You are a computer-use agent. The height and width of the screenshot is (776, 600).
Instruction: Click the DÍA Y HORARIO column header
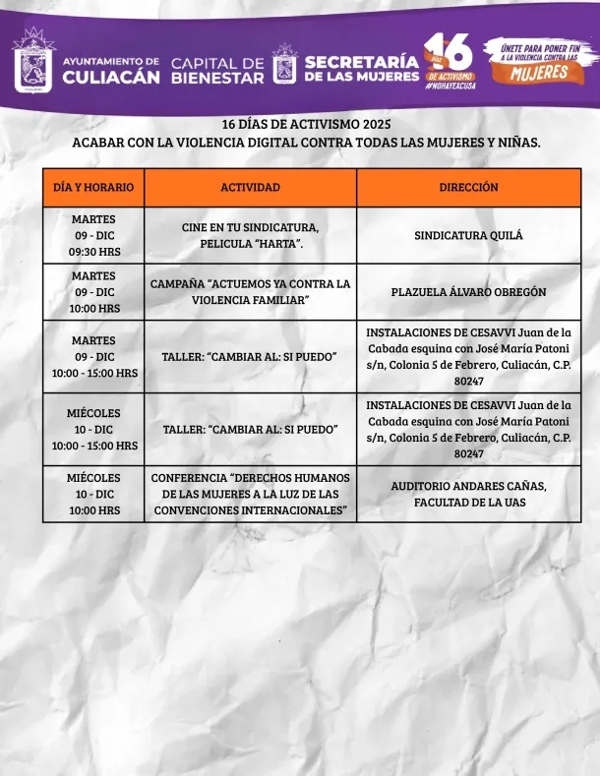pyautogui.click(x=93, y=187)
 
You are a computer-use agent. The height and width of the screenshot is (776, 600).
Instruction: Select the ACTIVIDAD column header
pyautogui.click(x=250, y=187)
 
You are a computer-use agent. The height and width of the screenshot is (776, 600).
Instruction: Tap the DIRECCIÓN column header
pyautogui.click(x=468, y=187)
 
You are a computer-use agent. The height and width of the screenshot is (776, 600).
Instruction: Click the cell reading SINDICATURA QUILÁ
pyautogui.click(x=468, y=235)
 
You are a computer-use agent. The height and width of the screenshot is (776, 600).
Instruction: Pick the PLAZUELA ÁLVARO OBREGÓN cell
pyautogui.click(x=468, y=292)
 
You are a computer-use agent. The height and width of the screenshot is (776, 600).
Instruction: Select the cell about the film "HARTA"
pyautogui.click(x=250, y=235)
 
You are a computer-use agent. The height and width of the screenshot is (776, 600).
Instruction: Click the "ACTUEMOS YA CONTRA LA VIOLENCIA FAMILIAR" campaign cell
pyautogui.click(x=250, y=292)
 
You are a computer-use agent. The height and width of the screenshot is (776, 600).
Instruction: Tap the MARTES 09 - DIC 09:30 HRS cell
pyautogui.click(x=93, y=235)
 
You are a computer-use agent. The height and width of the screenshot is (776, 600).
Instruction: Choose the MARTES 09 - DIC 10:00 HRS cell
pyautogui.click(x=93, y=292)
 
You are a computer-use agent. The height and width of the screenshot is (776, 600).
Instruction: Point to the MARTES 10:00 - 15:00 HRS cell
pyautogui.click(x=93, y=356)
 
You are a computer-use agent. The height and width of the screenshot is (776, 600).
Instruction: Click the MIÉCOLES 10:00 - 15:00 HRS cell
pyautogui.click(x=93, y=430)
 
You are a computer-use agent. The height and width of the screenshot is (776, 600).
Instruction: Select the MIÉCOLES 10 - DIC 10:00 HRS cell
pyautogui.click(x=93, y=494)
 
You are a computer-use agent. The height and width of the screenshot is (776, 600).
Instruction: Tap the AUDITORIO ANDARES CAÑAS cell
pyautogui.click(x=468, y=494)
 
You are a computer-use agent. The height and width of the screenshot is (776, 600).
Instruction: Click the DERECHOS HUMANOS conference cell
pyautogui.click(x=250, y=494)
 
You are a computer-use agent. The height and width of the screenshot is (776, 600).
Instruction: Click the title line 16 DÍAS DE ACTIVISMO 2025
pyautogui.click(x=306, y=125)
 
